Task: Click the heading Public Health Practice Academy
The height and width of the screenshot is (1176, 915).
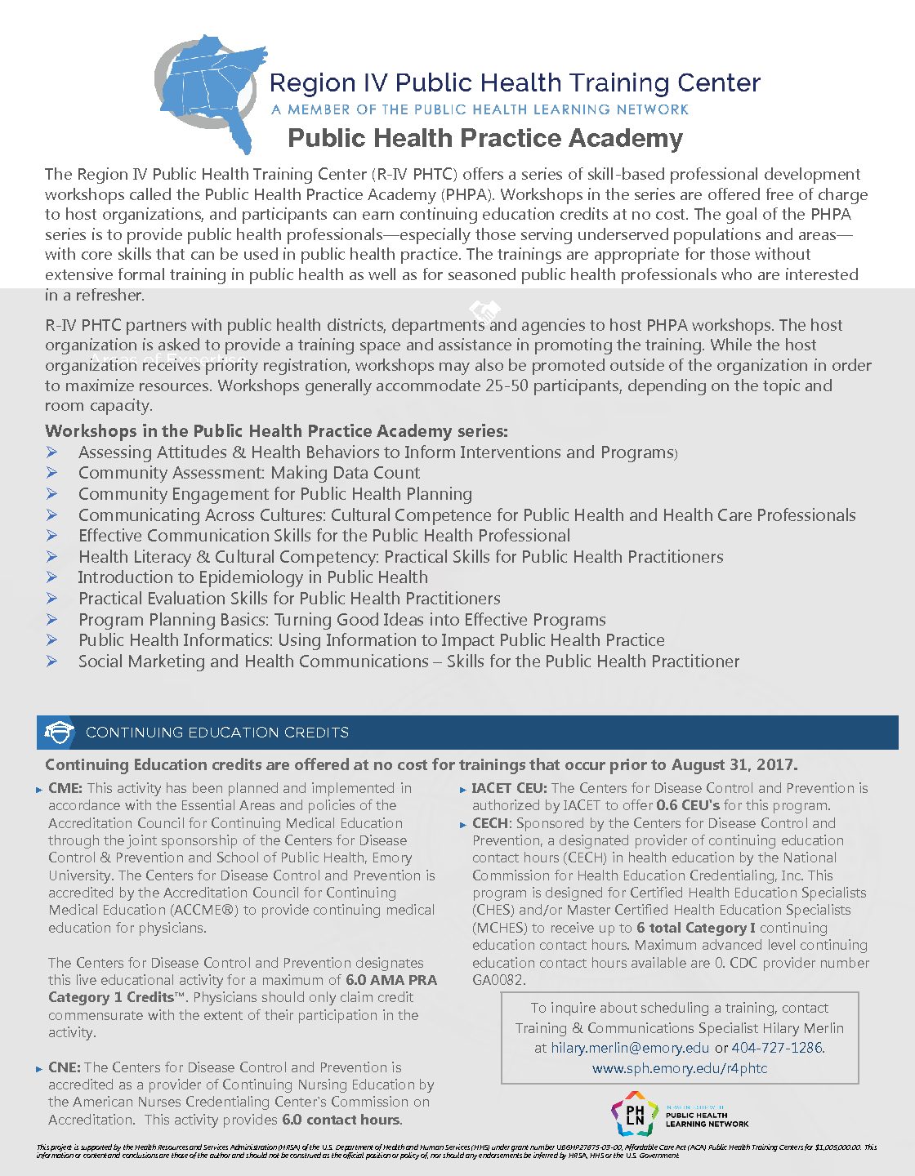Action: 485,138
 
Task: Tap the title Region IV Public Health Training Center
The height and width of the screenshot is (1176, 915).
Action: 515,83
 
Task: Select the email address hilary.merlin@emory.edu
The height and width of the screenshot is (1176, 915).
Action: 630,1048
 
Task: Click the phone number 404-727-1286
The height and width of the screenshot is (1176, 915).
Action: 777,1048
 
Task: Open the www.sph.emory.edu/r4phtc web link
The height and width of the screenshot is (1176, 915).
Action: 680,1068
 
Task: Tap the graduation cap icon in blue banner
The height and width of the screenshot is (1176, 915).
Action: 58,733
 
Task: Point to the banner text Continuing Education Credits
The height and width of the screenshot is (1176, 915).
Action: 217,733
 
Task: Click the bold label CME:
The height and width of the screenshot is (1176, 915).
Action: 65,789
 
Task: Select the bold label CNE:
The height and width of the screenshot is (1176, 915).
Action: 65,1067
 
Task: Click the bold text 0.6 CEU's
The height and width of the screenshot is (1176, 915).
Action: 688,806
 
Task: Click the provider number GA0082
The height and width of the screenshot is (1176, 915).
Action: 498,980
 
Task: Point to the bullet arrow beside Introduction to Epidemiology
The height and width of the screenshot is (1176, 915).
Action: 52,577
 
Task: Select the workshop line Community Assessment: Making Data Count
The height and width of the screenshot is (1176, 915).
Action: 249,473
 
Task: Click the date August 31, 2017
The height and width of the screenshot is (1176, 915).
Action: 734,765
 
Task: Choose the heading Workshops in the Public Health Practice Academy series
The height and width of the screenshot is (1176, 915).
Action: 276,431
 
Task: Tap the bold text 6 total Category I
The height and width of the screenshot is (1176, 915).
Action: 695,928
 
